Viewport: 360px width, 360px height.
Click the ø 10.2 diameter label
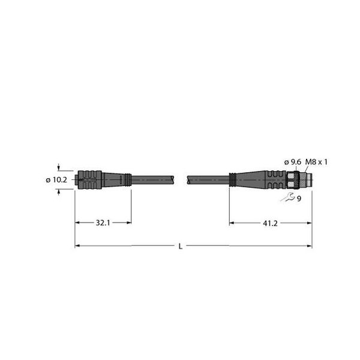(x=56, y=180)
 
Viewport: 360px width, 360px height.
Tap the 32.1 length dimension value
(x=103, y=223)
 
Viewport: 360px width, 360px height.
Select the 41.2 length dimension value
(x=270, y=223)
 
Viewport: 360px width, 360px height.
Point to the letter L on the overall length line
(x=181, y=247)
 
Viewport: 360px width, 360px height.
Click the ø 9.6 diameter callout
(x=293, y=162)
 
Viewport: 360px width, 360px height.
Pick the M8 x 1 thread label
(x=316, y=162)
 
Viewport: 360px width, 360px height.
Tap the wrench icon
(x=287, y=197)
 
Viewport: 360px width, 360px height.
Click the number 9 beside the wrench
(x=299, y=199)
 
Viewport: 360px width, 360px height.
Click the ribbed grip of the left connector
(x=89, y=180)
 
